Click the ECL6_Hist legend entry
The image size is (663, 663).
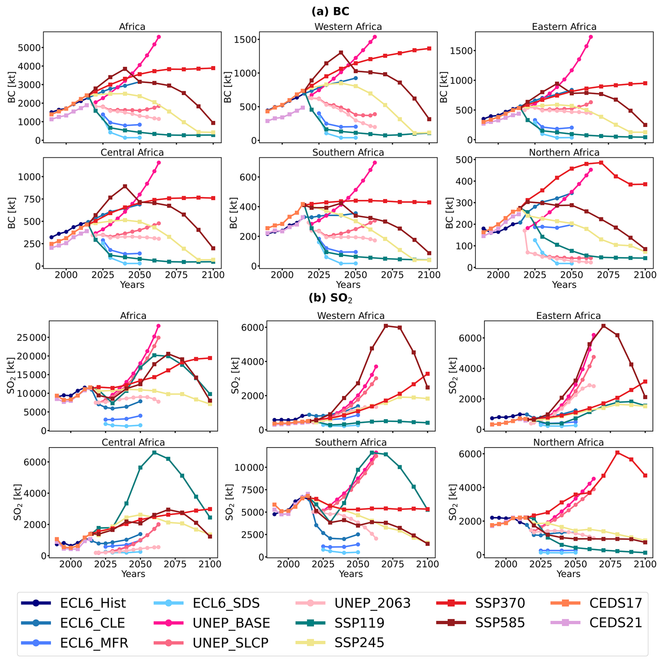[93, 603]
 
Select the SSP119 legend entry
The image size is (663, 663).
[359, 623]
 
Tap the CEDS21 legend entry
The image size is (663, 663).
[615, 623]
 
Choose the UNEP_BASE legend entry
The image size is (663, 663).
[231, 623]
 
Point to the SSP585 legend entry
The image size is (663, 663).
[500, 623]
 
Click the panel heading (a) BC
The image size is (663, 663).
[330, 11]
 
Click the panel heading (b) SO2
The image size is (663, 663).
[330, 298]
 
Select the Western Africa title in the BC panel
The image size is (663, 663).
[348, 27]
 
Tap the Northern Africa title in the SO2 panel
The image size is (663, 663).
[568, 442]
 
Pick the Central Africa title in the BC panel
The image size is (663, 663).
[132, 153]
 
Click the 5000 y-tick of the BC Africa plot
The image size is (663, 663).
[29, 48]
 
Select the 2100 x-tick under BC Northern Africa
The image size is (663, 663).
[645, 275]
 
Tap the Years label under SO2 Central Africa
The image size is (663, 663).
[133, 574]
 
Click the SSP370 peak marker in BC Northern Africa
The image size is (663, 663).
[601, 163]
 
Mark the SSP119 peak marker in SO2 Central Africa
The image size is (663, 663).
[154, 453]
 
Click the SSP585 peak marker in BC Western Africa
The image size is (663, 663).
[341, 53]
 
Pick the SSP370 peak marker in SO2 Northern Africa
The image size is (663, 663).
[617, 453]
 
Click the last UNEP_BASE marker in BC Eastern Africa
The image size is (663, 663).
[591, 37]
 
